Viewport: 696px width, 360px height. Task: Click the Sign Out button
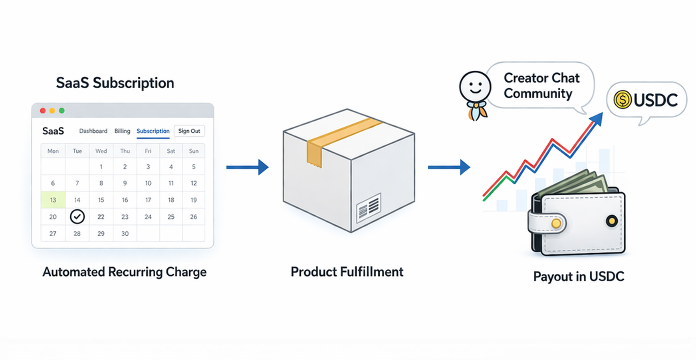[189, 131]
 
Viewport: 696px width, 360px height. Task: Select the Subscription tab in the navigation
[153, 131]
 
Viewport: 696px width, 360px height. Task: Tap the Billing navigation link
[122, 131]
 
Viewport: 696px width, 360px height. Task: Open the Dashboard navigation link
[93, 131]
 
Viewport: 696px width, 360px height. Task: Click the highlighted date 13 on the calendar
[53, 200]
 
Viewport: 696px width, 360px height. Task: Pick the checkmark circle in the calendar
[77, 217]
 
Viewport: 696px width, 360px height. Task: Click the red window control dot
[43, 111]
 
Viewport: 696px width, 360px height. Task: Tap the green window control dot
[61, 111]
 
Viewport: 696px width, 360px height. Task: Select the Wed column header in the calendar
[101, 151]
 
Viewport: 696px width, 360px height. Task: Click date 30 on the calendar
[125, 234]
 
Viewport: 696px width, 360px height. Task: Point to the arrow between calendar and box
[247, 167]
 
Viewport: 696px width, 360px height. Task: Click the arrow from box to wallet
[449, 167]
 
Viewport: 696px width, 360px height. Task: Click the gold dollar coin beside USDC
[622, 99]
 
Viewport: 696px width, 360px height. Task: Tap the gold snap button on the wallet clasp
[556, 223]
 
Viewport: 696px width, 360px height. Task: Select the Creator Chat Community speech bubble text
[541, 86]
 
